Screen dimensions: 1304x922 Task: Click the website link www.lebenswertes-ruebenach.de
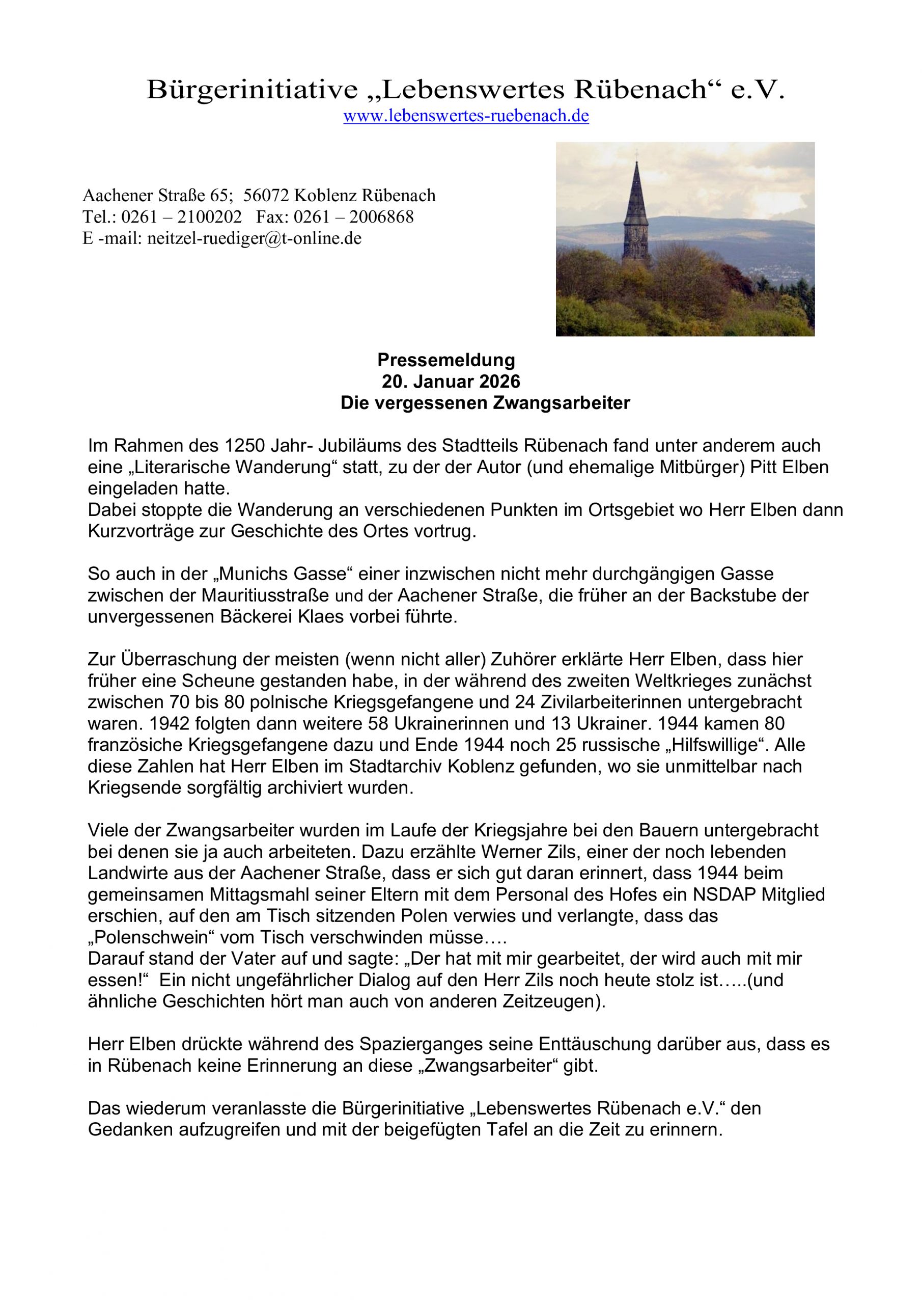(465, 117)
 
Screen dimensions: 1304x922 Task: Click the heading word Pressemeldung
(446, 360)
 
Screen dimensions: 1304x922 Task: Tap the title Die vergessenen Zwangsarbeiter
(485, 403)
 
